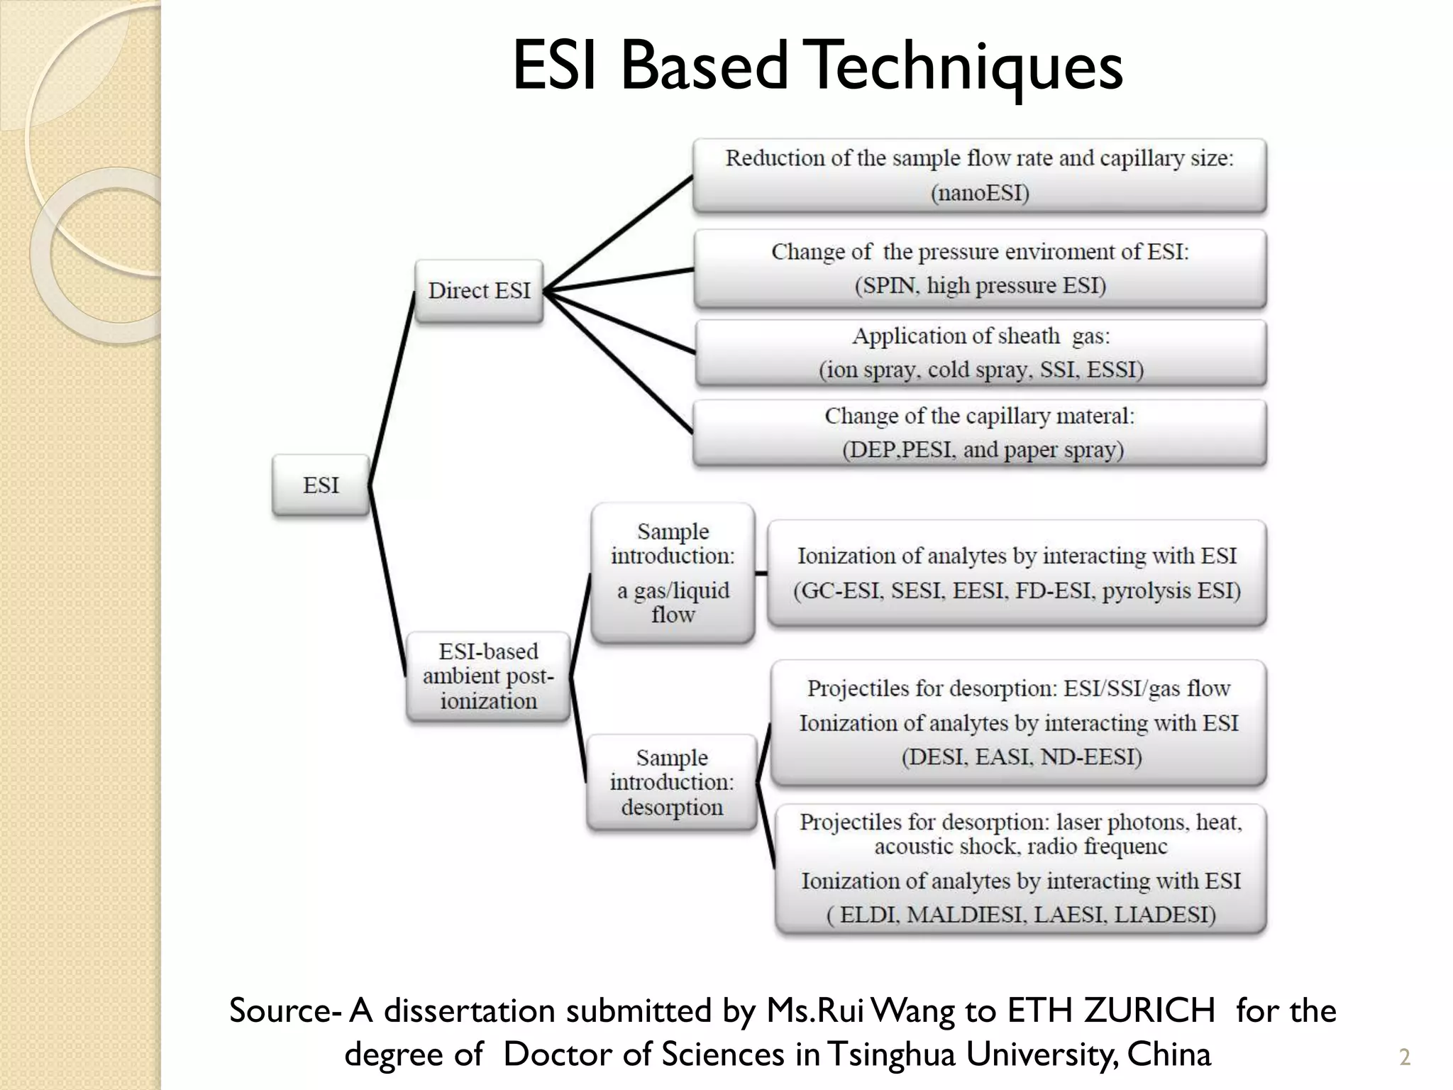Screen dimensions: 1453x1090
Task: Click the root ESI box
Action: click(321, 485)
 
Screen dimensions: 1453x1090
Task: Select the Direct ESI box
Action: click(479, 291)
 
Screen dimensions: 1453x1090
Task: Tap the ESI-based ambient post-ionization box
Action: click(488, 676)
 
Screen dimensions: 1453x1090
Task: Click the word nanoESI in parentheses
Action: click(979, 193)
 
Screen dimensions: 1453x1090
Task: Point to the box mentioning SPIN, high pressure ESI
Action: click(980, 269)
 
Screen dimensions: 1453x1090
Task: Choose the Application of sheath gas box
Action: click(980, 353)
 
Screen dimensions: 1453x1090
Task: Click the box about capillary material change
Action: click(980, 433)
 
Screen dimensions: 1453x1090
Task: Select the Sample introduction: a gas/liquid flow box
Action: click(673, 573)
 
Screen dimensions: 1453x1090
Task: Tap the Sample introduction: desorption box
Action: click(672, 782)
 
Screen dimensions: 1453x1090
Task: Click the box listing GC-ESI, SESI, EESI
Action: click(1017, 573)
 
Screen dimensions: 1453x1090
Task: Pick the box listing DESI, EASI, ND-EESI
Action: click(1019, 722)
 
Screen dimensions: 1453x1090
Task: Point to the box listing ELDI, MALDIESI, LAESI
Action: click(1021, 869)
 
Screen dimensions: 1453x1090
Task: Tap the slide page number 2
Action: click(1404, 1057)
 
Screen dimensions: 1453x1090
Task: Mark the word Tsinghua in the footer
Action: click(892, 1055)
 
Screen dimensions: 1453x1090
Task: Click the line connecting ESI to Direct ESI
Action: click(392, 389)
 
